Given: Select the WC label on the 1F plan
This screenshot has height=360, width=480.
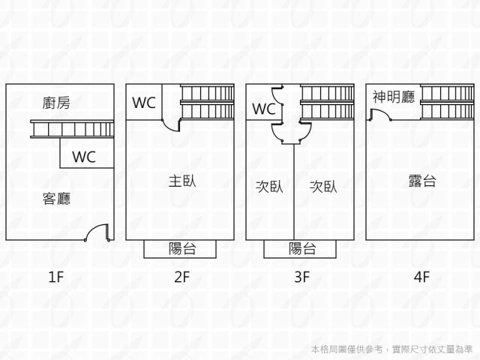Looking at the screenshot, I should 83,157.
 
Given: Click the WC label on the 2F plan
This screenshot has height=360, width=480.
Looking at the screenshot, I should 144,103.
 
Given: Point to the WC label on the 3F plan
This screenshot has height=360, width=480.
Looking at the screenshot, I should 263,109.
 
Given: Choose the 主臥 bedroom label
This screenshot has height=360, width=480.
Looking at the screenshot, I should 181,181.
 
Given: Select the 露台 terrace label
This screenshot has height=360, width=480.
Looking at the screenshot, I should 422,181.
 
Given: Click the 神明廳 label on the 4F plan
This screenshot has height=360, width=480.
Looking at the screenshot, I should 393,97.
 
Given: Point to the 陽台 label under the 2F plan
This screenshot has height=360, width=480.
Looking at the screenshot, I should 181,249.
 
